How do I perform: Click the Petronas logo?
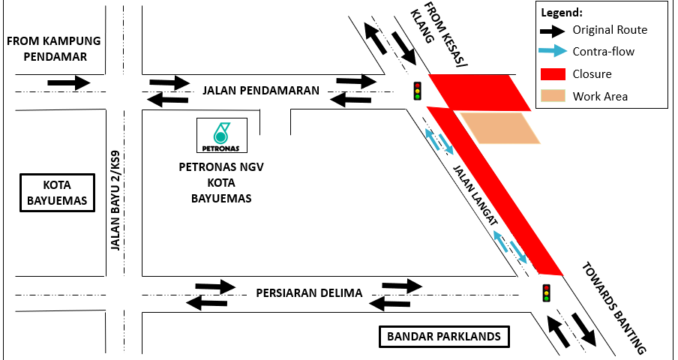tap(220, 136)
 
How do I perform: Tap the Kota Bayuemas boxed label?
tap(57, 192)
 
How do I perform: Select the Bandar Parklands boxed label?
tap(444, 336)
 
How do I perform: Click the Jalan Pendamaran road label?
tap(260, 91)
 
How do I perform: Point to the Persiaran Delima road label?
tap(309, 292)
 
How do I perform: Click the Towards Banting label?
tap(613, 307)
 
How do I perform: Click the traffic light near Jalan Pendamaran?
tap(416, 91)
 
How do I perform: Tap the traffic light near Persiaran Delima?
tap(546, 292)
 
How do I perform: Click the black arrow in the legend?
tap(553, 31)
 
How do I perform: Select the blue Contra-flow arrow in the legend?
tap(553, 52)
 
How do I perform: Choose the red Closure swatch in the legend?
tap(553, 73)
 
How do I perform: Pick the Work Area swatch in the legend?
tap(553, 96)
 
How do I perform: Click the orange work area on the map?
tap(499, 127)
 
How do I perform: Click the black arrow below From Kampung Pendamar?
tap(68, 82)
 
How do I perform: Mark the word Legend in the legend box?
tap(560, 12)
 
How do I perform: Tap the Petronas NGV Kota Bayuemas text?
tap(215, 181)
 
